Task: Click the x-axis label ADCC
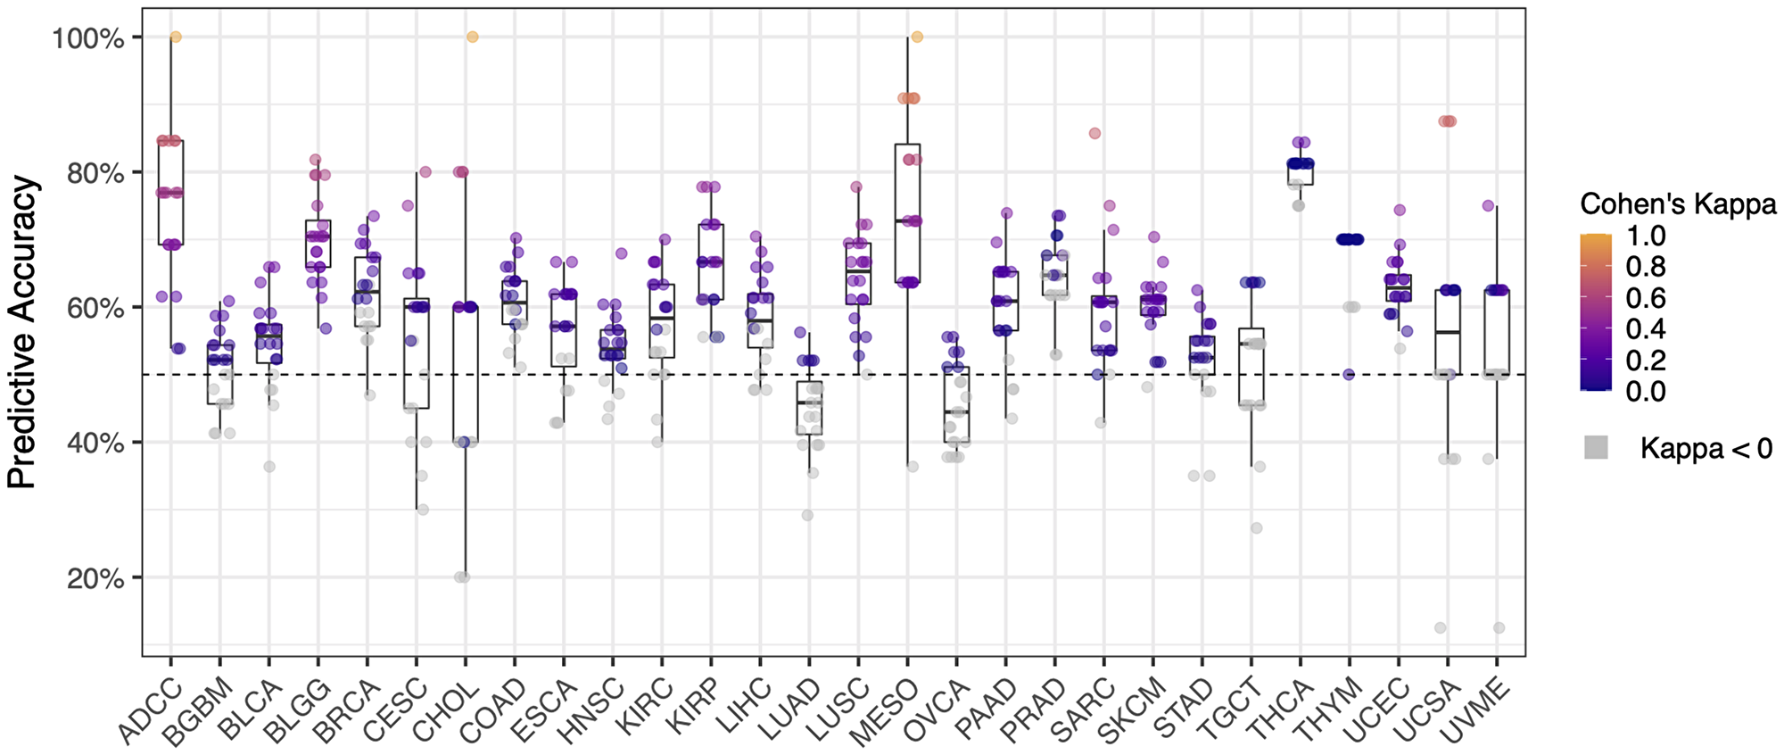click(150, 710)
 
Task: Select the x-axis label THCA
click(1281, 710)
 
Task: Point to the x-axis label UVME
click(1476, 710)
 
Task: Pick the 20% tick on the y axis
click(94, 578)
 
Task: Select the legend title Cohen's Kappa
click(1678, 204)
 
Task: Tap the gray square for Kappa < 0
click(1597, 448)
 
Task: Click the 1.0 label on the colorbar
click(1645, 236)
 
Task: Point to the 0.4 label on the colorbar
click(1645, 328)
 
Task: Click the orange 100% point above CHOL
click(473, 37)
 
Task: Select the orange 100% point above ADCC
click(176, 37)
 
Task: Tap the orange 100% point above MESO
click(917, 37)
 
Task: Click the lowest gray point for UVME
click(1499, 628)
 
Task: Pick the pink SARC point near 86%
click(1094, 134)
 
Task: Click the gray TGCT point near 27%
click(1257, 528)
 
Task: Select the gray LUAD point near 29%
click(807, 515)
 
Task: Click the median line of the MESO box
click(907, 220)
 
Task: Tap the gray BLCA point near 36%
click(268, 467)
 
